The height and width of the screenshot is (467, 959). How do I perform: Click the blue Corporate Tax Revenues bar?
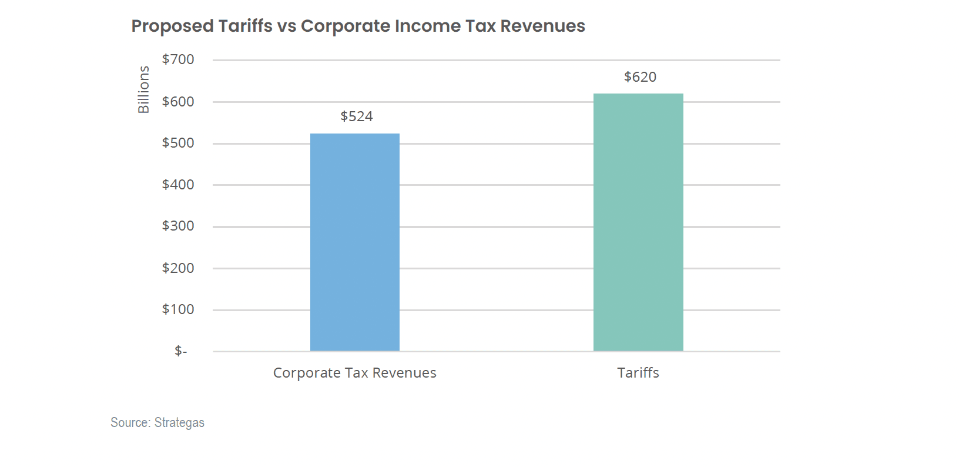[x=354, y=242]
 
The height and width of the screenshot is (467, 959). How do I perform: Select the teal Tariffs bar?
[x=638, y=222]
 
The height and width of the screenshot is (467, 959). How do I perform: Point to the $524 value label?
[x=357, y=116]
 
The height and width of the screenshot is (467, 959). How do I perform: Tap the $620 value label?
[x=640, y=77]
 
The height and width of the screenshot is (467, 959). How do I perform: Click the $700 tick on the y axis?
[x=178, y=59]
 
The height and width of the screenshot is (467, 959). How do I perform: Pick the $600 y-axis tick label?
[x=178, y=102]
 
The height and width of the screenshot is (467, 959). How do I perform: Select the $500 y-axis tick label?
[x=178, y=143]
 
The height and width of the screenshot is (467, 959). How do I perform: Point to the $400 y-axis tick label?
[x=178, y=185]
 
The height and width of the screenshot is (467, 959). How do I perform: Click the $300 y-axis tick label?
[x=178, y=226]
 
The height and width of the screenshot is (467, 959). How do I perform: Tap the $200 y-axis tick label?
[x=178, y=268]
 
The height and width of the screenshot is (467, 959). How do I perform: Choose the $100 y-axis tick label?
[x=178, y=309]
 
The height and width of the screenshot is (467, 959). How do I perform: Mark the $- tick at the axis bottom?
[x=180, y=351]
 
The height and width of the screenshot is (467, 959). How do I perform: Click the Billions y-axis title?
[x=143, y=89]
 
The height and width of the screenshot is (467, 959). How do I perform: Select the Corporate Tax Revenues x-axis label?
[x=354, y=373]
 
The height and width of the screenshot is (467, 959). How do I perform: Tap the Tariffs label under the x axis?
[x=638, y=373]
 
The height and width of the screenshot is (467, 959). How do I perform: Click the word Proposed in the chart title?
[x=172, y=26]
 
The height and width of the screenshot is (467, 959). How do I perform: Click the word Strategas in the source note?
[x=179, y=423]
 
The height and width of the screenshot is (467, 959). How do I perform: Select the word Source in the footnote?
[x=130, y=423]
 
